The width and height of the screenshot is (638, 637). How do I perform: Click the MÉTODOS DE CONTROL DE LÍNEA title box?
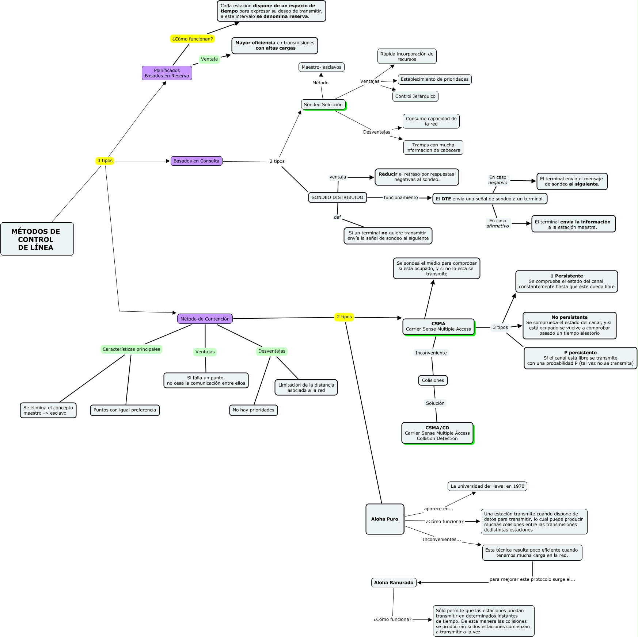[x=37, y=239]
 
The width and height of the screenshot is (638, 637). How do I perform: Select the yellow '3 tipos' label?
[x=105, y=161]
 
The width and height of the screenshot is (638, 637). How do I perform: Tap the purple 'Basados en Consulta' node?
[x=196, y=161]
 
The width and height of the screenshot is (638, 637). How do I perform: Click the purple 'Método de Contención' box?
[x=205, y=319]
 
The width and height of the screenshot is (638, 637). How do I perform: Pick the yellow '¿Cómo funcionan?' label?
[x=192, y=39]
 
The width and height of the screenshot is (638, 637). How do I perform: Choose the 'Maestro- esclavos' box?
[x=322, y=67]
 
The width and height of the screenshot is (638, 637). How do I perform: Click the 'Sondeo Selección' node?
[x=323, y=105]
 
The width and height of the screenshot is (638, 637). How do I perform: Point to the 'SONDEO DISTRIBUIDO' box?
[x=337, y=197]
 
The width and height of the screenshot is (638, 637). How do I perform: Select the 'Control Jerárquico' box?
[x=415, y=96]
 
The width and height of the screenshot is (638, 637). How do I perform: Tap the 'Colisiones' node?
[x=433, y=380]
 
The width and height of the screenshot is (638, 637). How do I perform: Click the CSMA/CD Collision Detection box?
[x=437, y=433]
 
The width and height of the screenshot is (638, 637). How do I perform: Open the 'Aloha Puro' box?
[x=385, y=519]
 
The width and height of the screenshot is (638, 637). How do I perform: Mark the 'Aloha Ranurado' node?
[x=394, y=583]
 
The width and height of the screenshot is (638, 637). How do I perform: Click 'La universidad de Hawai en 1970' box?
[x=487, y=486]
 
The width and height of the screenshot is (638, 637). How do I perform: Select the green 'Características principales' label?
[x=131, y=349]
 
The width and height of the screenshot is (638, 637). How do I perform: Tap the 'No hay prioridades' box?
[x=253, y=410]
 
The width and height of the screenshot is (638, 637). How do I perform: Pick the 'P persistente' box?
[x=580, y=358]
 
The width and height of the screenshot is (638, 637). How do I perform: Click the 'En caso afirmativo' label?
[x=498, y=223]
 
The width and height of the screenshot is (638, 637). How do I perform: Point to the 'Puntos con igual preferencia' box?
[x=125, y=410]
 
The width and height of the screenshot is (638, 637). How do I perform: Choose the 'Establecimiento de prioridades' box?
[x=434, y=79]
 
